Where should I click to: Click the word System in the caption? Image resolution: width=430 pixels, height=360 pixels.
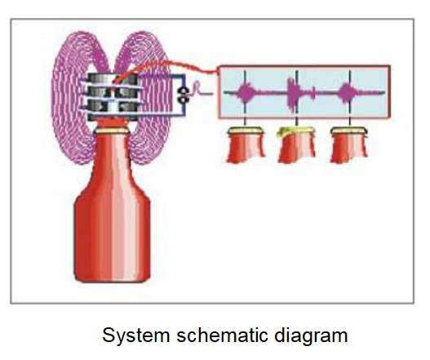tap(136, 336)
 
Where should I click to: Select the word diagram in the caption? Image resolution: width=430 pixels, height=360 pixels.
tap(311, 336)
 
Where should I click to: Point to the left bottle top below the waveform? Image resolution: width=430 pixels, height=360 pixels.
tap(246, 144)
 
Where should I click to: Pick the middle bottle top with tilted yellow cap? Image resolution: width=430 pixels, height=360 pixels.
tap(296, 144)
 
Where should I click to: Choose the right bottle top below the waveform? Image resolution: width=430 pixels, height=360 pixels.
tap(349, 144)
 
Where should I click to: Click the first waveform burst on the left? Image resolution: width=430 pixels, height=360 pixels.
tap(246, 93)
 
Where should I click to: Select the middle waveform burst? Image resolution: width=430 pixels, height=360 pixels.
tap(295, 93)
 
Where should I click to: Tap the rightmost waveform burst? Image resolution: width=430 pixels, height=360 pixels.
tap(348, 93)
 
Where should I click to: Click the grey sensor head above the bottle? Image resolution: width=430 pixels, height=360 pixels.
tap(113, 97)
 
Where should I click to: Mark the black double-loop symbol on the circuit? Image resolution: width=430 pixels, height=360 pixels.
tap(182, 96)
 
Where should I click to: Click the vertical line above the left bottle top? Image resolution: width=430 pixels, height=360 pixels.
tap(245, 122)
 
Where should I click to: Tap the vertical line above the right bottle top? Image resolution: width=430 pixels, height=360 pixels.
tap(350, 122)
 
